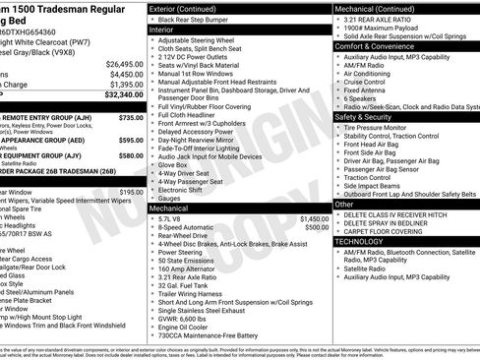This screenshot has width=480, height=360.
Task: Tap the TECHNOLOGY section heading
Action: coord(360,240)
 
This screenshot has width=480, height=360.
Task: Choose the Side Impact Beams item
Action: coord(375,184)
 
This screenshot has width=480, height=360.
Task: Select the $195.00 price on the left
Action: coord(131,193)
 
